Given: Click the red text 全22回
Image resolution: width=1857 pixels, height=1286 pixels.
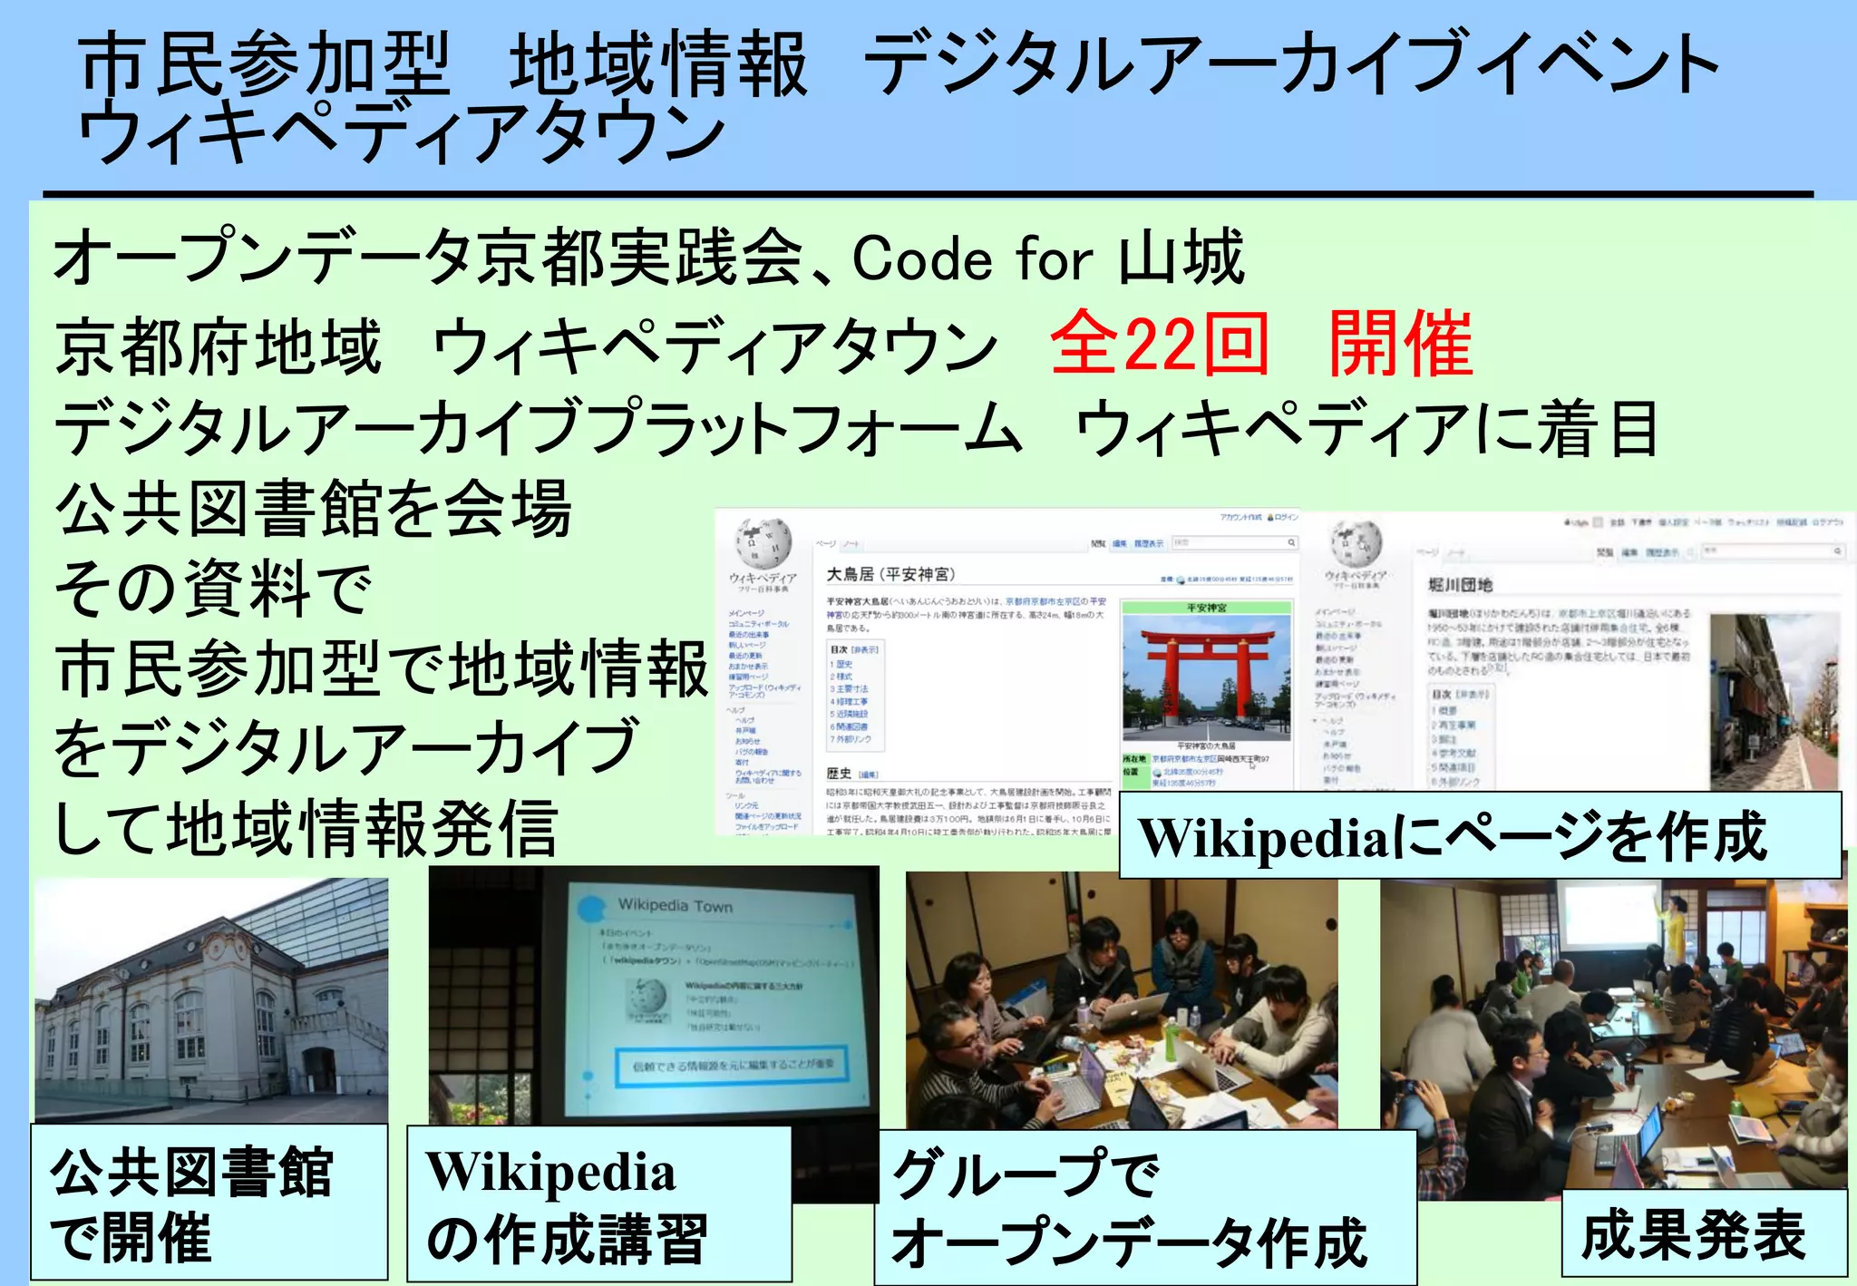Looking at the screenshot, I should point(1159,344).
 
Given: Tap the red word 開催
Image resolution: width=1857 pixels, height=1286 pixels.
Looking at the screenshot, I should point(1401,344).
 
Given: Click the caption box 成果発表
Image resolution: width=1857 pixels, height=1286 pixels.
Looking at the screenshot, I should point(1694,1234).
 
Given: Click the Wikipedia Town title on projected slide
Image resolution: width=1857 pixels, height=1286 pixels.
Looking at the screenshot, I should point(675,905).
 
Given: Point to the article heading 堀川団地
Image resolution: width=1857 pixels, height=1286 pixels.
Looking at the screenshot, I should point(1460,585).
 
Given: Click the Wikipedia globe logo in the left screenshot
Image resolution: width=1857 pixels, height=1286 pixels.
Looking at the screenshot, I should point(763,543).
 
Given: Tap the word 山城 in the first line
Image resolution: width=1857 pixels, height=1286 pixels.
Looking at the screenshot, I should point(1181,259).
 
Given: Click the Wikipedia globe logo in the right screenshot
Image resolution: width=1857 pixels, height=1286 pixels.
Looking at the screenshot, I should point(1356,544).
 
